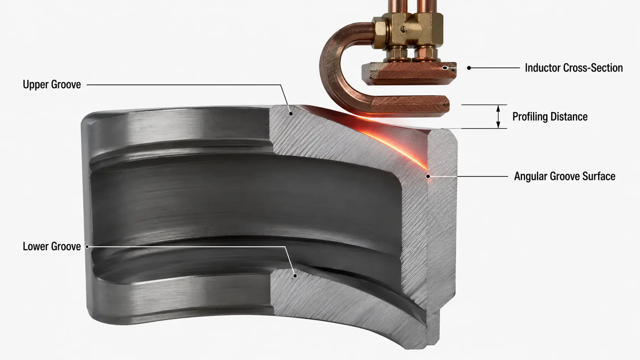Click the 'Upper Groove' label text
pyautogui.click(x=52, y=85)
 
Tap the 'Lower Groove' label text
pyautogui.click(x=52, y=246)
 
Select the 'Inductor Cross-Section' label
pyautogui.click(x=574, y=68)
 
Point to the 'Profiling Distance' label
pyautogui.click(x=550, y=116)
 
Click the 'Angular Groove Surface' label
pyautogui.click(x=565, y=176)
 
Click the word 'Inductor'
pyautogui.click(x=542, y=68)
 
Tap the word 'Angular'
pyautogui.click(x=531, y=176)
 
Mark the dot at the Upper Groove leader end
pyautogui.click(x=291, y=113)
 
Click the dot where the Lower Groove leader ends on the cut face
pyautogui.click(x=295, y=276)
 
